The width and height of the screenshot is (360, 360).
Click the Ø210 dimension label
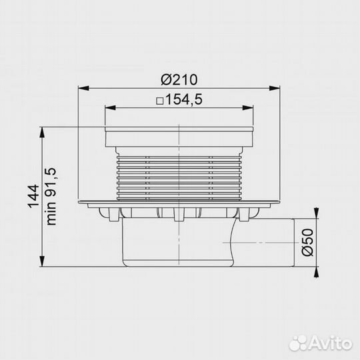pos(179,80)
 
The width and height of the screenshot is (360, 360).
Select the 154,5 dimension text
pos(184,99)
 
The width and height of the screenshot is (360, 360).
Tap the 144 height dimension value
pos(33,196)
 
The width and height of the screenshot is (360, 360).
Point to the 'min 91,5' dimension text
pos(51,197)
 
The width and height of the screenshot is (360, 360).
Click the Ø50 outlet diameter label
pos(307,242)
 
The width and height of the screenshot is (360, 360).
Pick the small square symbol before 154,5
pos(159,101)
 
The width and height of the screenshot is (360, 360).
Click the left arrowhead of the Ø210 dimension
pos(83,88)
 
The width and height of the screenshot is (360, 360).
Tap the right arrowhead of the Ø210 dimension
pos(275,88)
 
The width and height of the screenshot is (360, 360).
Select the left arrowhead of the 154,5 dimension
pos(110,108)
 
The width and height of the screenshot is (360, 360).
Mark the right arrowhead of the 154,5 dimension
pos(248,108)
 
